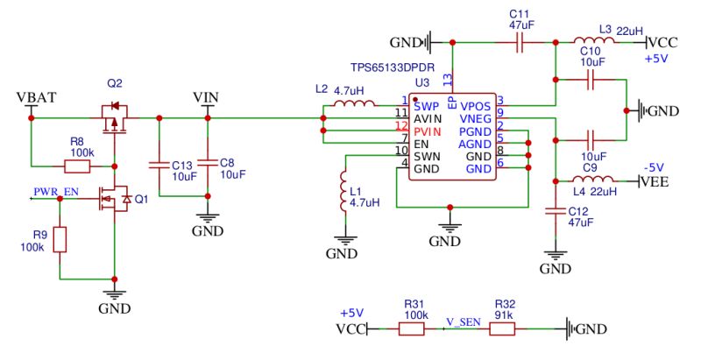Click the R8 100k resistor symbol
coord(77,165)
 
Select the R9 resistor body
coord(60,239)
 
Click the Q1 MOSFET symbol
coord(115,200)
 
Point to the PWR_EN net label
coord(54,190)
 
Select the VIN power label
coord(207,96)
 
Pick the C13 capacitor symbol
coord(159,164)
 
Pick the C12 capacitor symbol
coord(553,210)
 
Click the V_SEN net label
coord(462,321)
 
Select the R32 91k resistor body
coord(502,329)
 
